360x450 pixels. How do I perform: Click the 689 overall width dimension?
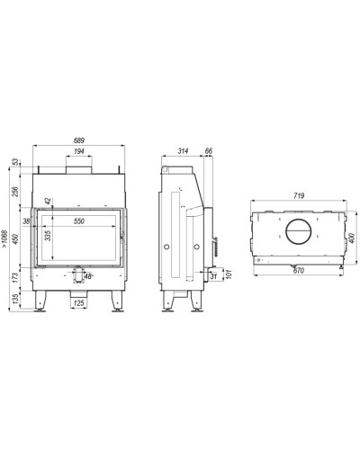coord(79,140)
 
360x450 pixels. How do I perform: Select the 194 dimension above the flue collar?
coord(79,151)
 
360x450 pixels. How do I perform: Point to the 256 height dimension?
coord(15,192)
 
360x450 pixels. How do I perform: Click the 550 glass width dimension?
coord(79,221)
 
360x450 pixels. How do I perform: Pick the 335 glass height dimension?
coord(48,236)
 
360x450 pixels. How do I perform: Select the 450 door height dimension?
coord(15,239)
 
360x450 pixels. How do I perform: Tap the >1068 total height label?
coord(4,238)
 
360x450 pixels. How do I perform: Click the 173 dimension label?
coord(15,277)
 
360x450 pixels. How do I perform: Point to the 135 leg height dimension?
coord(15,299)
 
